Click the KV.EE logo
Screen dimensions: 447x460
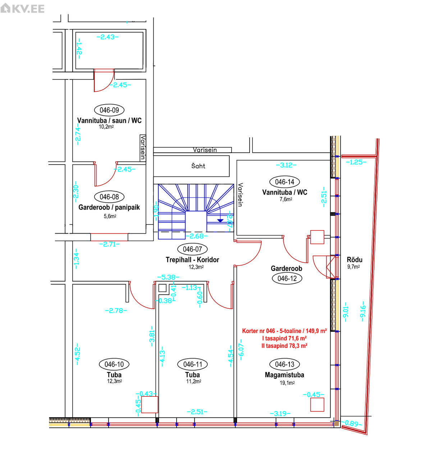[22, 8]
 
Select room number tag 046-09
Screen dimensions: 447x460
[109, 110]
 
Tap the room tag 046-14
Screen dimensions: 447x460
[284, 182]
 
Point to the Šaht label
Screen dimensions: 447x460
[198, 166]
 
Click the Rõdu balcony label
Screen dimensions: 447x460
[355, 259]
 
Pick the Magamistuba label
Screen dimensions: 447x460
[284, 375]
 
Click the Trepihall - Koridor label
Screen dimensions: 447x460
[192, 259]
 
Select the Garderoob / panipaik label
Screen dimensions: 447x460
[109, 207]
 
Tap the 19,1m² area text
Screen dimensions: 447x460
[287, 383]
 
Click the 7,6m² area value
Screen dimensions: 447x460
[286, 199]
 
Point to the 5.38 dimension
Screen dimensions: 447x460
[168, 277]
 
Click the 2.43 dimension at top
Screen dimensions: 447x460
[108, 37]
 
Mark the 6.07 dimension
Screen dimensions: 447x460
[241, 350]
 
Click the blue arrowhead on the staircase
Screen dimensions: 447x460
[220, 221]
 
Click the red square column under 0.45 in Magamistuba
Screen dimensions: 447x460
[317, 405]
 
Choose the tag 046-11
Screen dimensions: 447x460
[192, 364]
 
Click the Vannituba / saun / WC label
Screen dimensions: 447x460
[109, 120]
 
